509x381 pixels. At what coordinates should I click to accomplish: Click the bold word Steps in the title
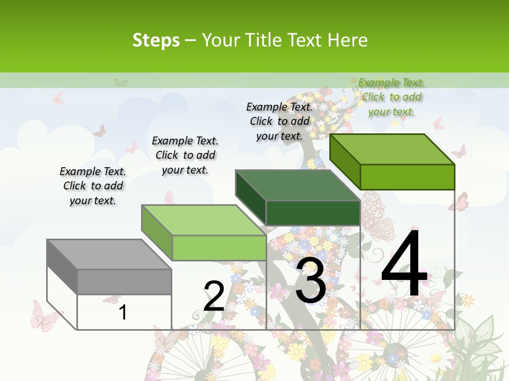(x=156, y=40)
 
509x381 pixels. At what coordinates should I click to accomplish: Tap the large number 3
(x=311, y=280)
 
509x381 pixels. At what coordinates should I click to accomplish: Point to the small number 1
(x=122, y=312)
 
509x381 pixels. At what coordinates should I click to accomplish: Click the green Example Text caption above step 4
(x=391, y=97)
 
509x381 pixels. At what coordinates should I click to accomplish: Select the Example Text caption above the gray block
(x=93, y=186)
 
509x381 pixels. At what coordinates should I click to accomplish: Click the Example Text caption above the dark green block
(x=279, y=121)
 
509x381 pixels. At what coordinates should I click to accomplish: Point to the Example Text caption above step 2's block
(x=185, y=155)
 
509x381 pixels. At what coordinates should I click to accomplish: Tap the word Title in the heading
(x=264, y=40)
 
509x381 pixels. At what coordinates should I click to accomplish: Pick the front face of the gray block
(x=124, y=282)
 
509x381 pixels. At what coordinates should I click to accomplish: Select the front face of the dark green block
(x=313, y=213)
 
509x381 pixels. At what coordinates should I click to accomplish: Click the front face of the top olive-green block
(x=407, y=177)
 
